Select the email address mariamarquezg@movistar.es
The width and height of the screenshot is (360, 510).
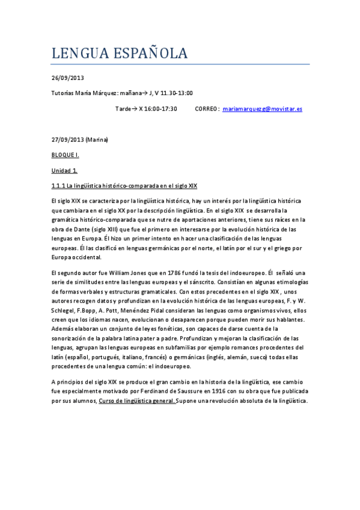point(262,109)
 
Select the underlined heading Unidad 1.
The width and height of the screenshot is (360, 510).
point(64,170)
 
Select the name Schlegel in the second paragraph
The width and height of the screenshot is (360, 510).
point(64,310)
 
